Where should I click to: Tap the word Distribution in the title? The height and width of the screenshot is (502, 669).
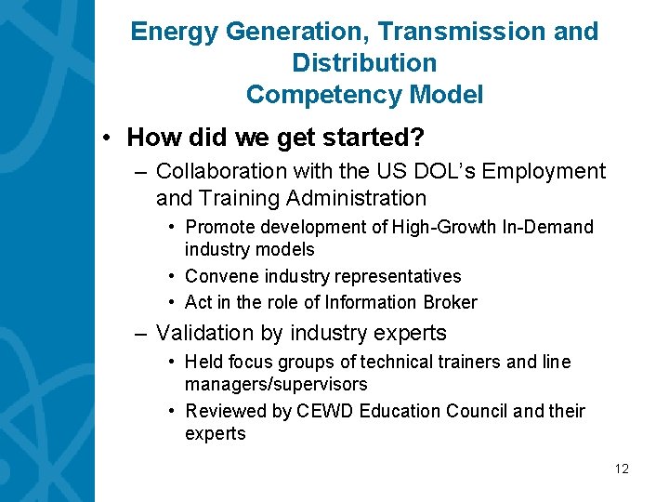click(x=364, y=63)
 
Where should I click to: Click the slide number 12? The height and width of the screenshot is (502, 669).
click(x=622, y=469)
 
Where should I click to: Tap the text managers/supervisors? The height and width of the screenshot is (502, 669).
click(x=276, y=384)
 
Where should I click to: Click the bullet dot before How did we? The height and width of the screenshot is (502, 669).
click(x=109, y=139)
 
